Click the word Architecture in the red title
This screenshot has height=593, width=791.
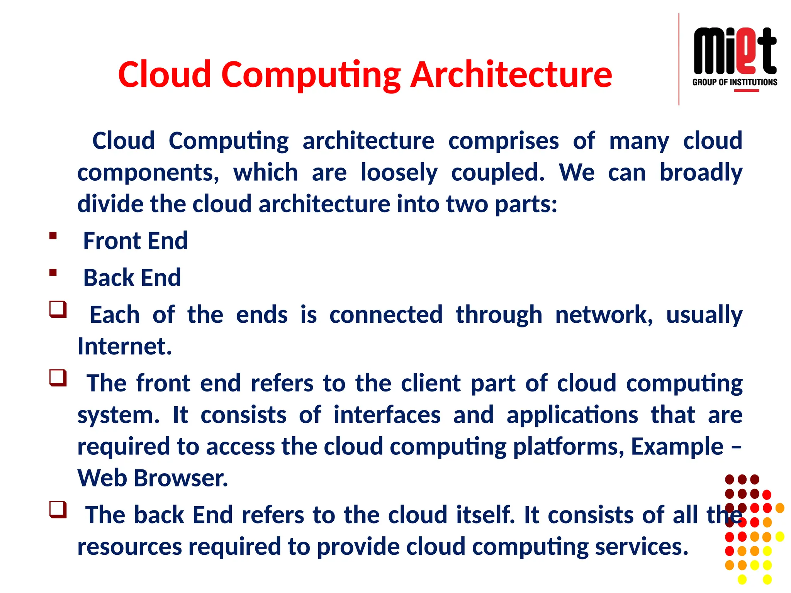(511, 75)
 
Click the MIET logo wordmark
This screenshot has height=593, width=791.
(735, 51)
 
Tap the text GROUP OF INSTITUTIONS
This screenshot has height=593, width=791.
(735, 82)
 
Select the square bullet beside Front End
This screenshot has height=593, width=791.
(53, 236)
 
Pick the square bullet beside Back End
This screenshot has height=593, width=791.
(53, 273)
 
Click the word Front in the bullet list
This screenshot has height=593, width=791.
(112, 241)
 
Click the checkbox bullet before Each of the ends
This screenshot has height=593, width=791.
(58, 309)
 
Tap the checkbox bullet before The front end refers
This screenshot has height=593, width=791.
(58, 378)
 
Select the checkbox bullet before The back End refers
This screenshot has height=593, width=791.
(58, 509)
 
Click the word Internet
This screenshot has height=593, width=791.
(124, 346)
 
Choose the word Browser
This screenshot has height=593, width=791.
(181, 478)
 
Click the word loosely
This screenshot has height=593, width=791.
(399, 173)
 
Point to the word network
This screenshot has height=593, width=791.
(604, 315)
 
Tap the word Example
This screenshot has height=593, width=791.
(677, 447)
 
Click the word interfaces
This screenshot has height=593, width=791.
(387, 415)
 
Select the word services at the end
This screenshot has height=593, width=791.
(642, 547)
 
